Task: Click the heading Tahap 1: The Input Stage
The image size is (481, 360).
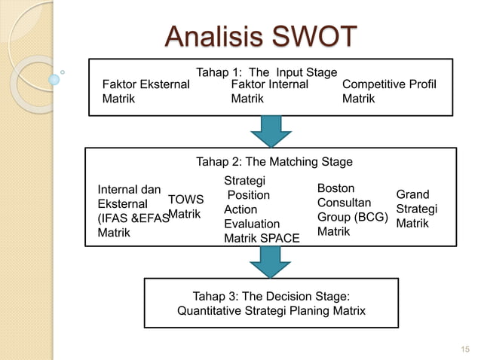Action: point(266,72)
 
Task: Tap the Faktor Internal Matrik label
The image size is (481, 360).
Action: point(269,91)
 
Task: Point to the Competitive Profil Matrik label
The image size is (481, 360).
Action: point(389,91)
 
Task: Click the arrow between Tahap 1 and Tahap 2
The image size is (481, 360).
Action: point(271,131)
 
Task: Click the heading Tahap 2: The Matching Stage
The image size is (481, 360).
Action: point(274,161)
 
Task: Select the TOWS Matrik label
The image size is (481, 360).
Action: point(185,207)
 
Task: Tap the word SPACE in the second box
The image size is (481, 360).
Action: point(279,239)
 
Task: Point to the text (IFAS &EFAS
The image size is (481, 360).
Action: point(133,218)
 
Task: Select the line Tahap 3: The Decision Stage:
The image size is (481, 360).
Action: point(271,295)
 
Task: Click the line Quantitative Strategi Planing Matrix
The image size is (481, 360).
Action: point(271,310)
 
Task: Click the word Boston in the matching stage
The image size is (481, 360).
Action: point(335,188)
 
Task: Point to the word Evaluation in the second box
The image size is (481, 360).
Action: point(252,224)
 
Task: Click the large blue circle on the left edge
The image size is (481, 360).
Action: point(54,79)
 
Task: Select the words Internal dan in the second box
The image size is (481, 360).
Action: point(124,190)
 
